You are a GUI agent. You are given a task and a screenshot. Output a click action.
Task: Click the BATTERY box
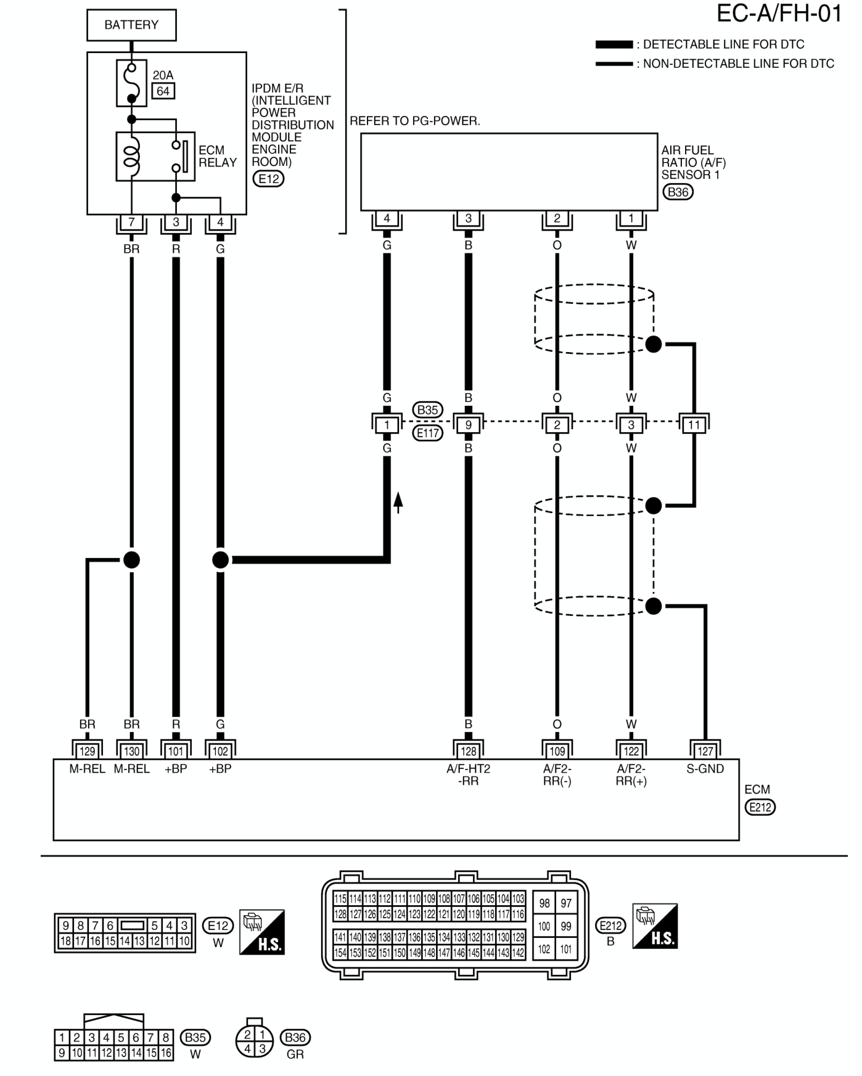click(131, 25)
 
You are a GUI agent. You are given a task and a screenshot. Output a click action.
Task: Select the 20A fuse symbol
click(131, 83)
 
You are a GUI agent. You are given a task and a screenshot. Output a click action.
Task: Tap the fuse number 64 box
click(163, 91)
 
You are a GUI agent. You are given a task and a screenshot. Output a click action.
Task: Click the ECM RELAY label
click(218, 157)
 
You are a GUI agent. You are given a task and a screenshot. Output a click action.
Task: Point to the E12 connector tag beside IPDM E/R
click(268, 179)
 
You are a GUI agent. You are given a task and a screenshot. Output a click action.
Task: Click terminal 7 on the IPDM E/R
click(131, 223)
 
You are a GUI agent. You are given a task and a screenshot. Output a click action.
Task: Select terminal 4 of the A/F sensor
click(387, 218)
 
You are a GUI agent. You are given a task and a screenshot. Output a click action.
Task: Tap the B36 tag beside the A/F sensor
click(678, 192)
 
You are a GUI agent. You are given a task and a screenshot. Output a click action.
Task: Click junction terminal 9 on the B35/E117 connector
click(469, 424)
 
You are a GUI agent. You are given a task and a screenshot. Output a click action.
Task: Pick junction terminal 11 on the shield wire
click(694, 424)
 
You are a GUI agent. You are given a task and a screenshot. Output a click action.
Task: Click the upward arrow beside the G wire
click(398, 503)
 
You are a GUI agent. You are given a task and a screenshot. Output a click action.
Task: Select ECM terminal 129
click(87, 751)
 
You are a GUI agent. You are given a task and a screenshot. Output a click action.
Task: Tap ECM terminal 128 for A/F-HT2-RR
click(469, 751)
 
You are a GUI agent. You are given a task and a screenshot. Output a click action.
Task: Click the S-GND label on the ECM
click(705, 769)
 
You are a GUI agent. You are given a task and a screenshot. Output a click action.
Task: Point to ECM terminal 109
click(557, 751)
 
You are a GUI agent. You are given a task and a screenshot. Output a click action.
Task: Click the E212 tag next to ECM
click(760, 808)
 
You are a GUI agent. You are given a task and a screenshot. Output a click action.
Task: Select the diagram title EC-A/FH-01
click(779, 14)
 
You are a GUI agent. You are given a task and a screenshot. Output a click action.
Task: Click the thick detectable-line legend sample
click(614, 44)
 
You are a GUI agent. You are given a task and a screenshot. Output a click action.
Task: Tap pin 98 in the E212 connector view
click(544, 903)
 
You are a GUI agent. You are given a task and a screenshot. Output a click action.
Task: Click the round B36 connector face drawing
click(255, 1041)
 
